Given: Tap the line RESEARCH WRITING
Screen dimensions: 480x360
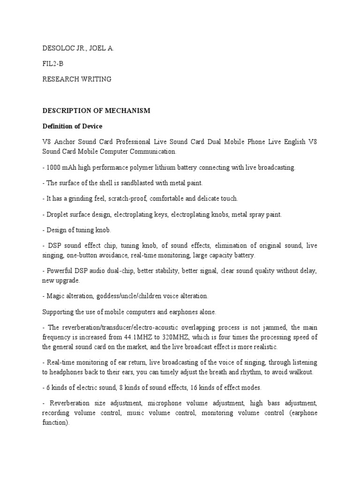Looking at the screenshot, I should point(77,79).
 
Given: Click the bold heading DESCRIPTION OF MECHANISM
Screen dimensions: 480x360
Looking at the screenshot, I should point(96,111).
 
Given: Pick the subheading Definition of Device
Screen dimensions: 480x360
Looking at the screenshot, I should point(72,126).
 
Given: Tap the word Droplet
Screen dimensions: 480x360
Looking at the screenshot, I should point(57,214).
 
